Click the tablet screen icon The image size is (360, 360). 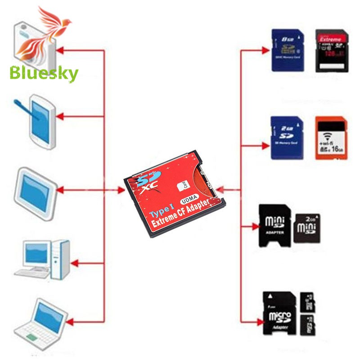tap(36, 193)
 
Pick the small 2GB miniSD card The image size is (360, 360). tap(307, 228)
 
